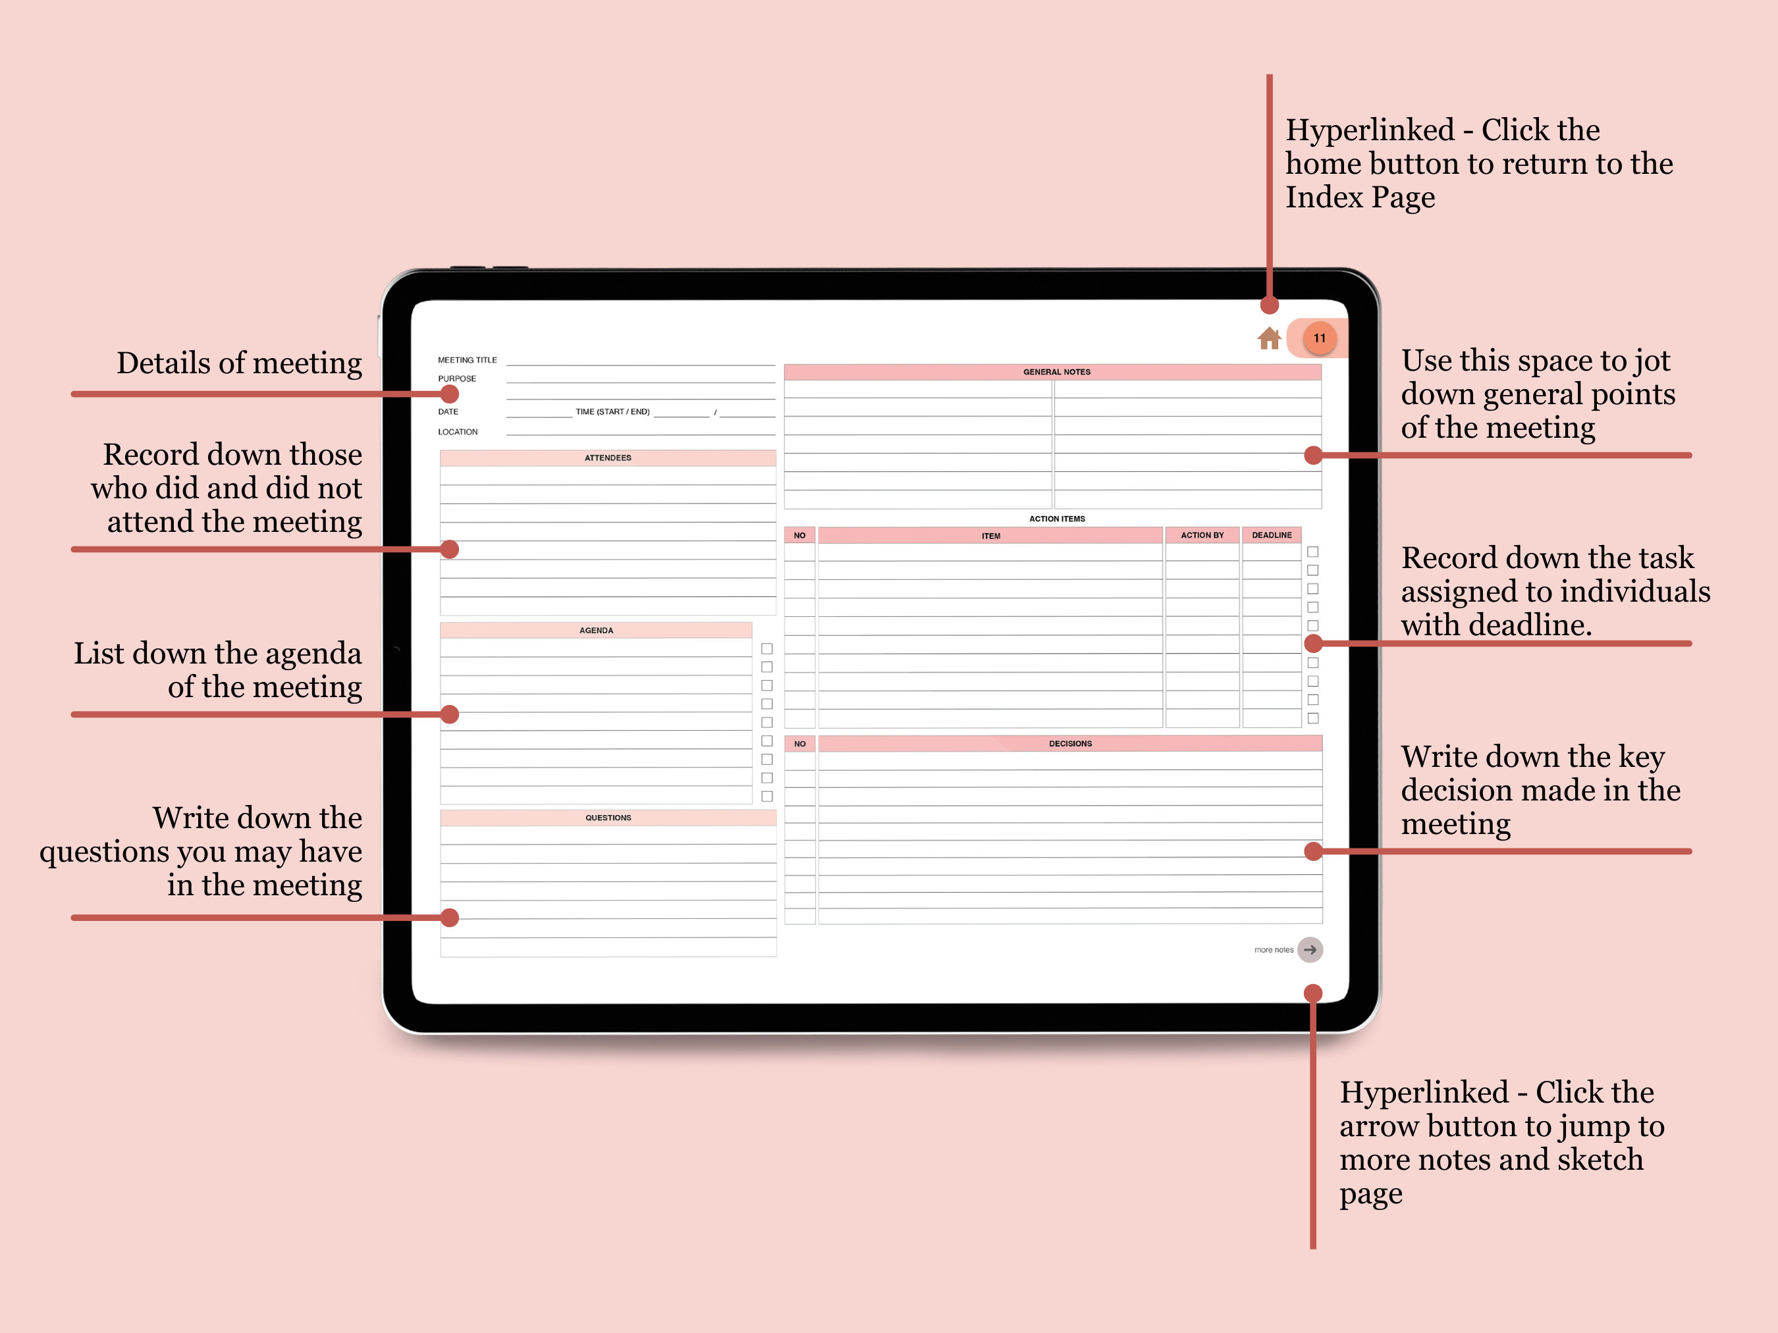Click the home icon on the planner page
click(x=1268, y=338)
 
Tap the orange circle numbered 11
click(x=1319, y=338)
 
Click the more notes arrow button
click(x=1310, y=950)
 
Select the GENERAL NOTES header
click(x=1056, y=372)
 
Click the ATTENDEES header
click(x=608, y=458)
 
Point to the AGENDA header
click(x=595, y=631)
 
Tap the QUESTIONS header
click(x=608, y=818)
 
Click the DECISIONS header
click(x=1070, y=744)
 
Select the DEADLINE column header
click(x=1272, y=535)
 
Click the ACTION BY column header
click(x=1202, y=535)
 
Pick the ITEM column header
click(x=990, y=536)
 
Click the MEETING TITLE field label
click(x=467, y=360)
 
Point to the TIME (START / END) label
click(x=612, y=412)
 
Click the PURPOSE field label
click(x=456, y=379)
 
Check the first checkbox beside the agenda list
click(x=767, y=648)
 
